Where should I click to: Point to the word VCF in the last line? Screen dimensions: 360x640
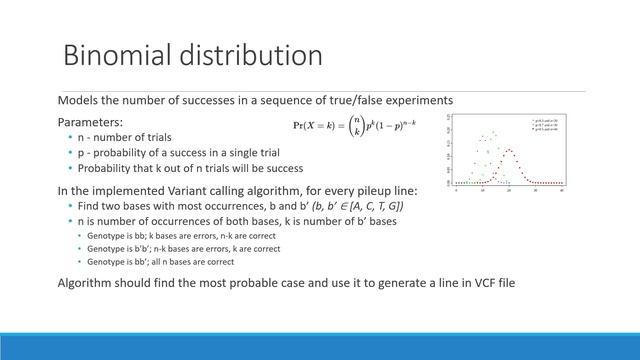(x=441, y=284)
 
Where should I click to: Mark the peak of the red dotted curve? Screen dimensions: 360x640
(x=509, y=151)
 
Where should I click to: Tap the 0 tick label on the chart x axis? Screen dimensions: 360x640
(x=456, y=190)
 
